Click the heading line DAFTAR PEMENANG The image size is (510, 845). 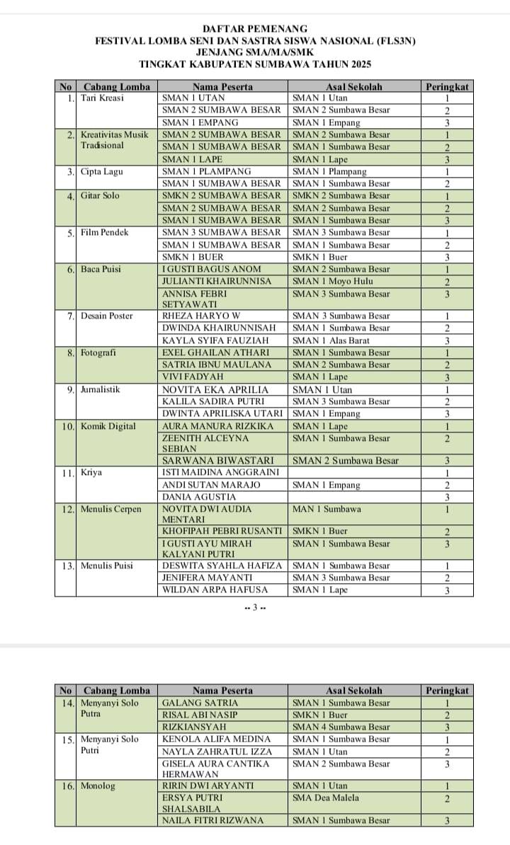click(254, 29)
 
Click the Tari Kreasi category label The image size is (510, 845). click(102, 98)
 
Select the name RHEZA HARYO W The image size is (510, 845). click(201, 316)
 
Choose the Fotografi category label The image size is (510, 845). click(98, 352)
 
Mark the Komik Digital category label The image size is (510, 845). click(108, 426)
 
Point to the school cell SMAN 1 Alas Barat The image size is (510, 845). click(331, 340)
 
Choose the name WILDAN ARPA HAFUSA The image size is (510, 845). click(215, 590)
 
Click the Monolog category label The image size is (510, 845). click(98, 786)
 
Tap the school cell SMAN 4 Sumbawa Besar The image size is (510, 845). click(341, 727)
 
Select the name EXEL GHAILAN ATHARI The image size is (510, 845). click(215, 352)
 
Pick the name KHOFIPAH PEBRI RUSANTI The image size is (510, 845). click(222, 531)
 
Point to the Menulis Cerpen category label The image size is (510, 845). click(110, 509)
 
